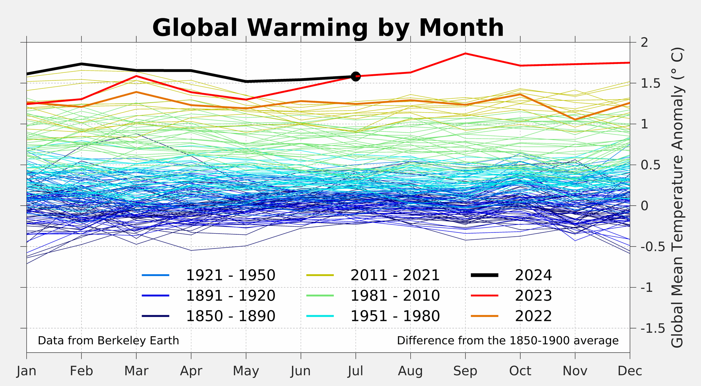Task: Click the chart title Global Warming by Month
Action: pyautogui.click(x=328, y=28)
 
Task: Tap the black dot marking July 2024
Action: pyautogui.click(x=356, y=76)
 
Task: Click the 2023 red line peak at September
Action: pyautogui.click(x=465, y=53)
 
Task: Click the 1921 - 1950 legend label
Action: pyautogui.click(x=230, y=275)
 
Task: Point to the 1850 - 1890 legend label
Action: pyautogui.click(x=230, y=316)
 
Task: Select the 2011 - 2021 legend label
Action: pyautogui.click(x=395, y=275)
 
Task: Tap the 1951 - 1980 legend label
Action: pyautogui.click(x=395, y=316)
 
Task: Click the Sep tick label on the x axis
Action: pyautogui.click(x=465, y=371)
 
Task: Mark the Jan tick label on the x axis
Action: pyautogui.click(x=26, y=371)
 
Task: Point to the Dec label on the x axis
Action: pyautogui.click(x=630, y=371)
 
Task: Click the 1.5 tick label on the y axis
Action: pyautogui.click(x=650, y=83)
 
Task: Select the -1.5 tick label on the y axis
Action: pyautogui.click(x=652, y=328)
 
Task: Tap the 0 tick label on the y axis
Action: pyautogui.click(x=644, y=206)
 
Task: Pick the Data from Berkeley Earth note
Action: pyautogui.click(x=108, y=340)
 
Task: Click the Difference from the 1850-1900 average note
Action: pyautogui.click(x=507, y=340)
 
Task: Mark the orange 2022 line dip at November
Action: pyautogui.click(x=575, y=119)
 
